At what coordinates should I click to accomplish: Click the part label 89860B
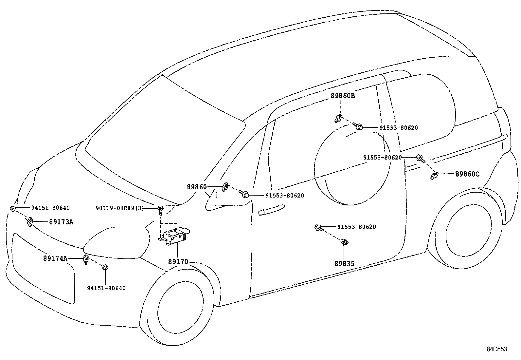(x=343, y=96)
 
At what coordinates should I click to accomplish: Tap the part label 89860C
(x=467, y=174)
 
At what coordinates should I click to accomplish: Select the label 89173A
(x=61, y=222)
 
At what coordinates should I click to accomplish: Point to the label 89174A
(x=55, y=258)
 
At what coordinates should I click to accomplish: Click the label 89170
(x=178, y=262)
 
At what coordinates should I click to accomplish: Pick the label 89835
(x=344, y=263)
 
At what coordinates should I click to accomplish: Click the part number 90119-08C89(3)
(x=119, y=208)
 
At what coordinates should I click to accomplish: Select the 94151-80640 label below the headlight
(x=106, y=288)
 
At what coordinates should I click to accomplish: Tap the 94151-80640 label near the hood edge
(x=50, y=208)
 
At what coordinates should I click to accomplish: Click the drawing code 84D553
(x=496, y=349)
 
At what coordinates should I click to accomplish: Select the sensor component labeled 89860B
(x=338, y=118)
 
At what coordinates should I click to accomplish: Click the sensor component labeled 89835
(x=344, y=242)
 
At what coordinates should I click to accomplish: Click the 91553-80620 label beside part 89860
(x=284, y=196)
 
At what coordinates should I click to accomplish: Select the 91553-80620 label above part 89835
(x=356, y=227)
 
